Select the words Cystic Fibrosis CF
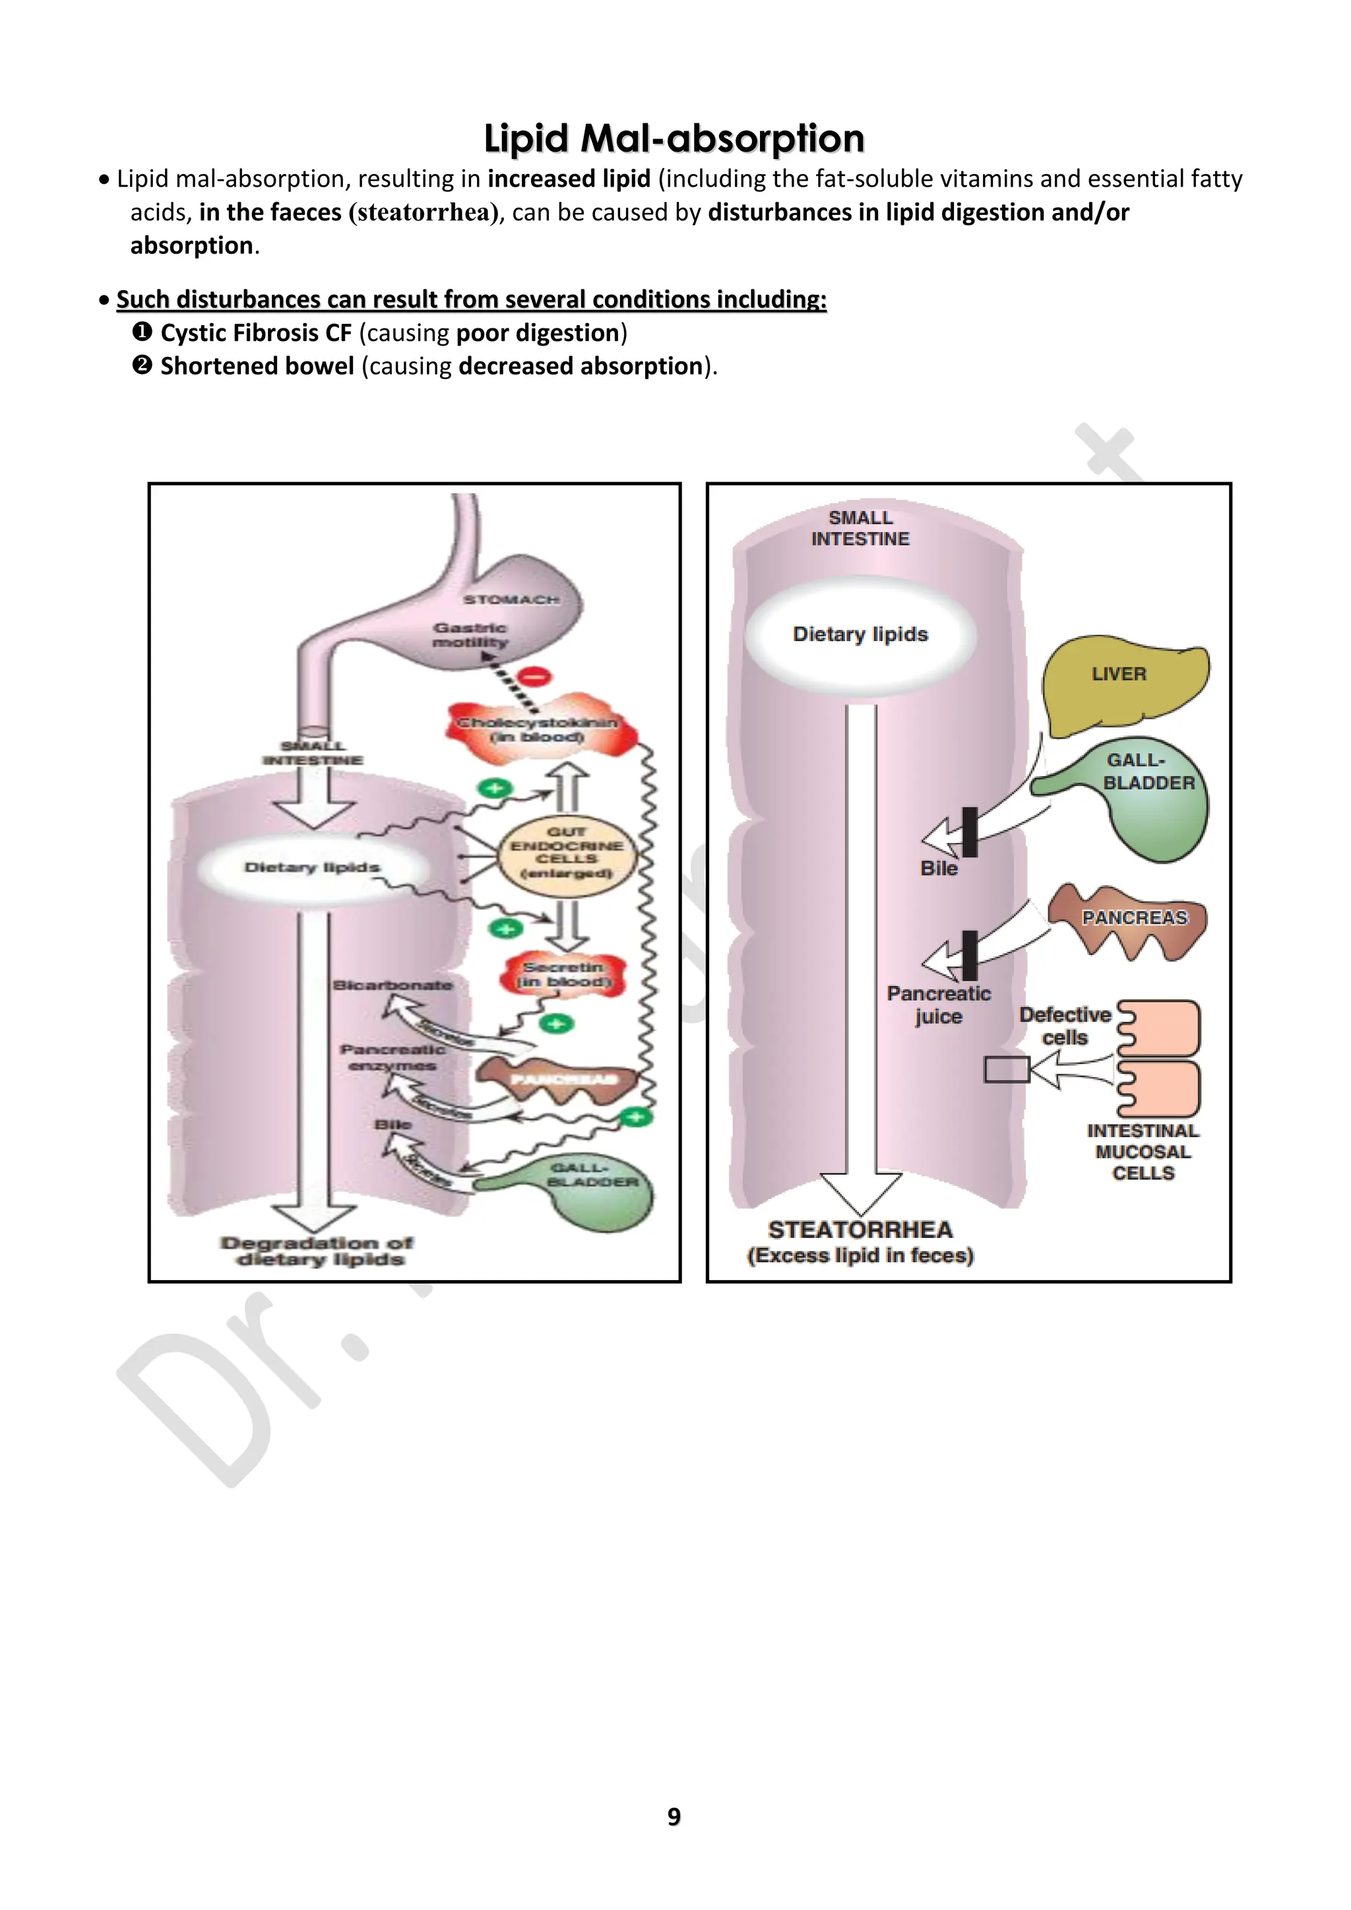(x=255, y=333)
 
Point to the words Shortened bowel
(x=257, y=366)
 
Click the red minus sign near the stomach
(x=536, y=675)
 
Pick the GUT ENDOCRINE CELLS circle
(x=567, y=853)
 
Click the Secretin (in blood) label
(x=564, y=974)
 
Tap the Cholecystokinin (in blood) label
(x=538, y=729)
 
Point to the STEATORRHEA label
(x=860, y=1229)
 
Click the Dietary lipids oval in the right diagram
(x=860, y=634)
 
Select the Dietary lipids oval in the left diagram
(x=312, y=868)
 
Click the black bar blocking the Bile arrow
(x=969, y=832)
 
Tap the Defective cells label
(x=1065, y=1026)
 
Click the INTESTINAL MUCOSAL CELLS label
(x=1143, y=1152)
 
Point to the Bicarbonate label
(x=393, y=985)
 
